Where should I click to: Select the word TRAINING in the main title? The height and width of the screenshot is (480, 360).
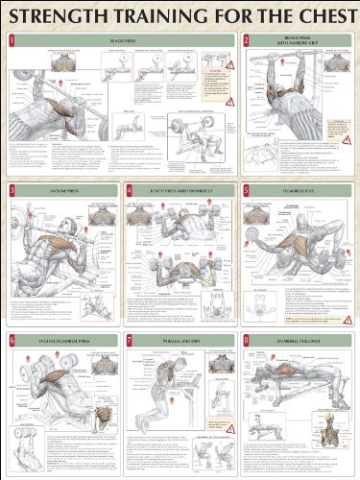click(x=160, y=16)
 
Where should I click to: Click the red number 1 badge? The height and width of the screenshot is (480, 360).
click(x=11, y=41)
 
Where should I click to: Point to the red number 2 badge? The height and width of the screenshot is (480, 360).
click(x=247, y=40)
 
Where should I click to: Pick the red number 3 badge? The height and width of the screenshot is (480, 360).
click(x=11, y=191)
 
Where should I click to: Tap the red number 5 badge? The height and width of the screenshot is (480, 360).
click(x=247, y=191)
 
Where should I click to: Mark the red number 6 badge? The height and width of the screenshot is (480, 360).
click(x=11, y=340)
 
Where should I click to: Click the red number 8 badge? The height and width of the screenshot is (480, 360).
click(x=247, y=340)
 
